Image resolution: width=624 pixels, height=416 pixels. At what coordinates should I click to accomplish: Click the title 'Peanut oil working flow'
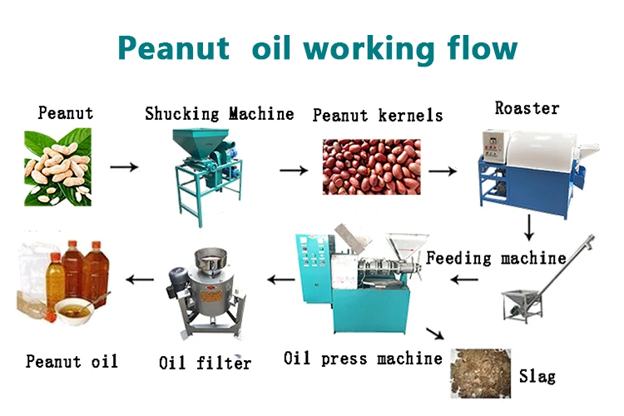[x=317, y=47]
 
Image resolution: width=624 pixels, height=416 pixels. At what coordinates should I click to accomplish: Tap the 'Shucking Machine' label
[x=219, y=113]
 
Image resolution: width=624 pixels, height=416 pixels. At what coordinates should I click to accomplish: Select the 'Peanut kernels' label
[x=378, y=115]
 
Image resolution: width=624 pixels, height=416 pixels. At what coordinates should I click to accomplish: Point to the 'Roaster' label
[x=527, y=108]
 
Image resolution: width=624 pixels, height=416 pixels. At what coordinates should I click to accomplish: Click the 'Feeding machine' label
[x=496, y=257]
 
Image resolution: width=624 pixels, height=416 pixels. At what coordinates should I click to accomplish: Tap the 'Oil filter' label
[x=205, y=362]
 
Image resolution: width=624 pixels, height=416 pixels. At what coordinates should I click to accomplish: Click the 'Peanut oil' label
[x=72, y=361]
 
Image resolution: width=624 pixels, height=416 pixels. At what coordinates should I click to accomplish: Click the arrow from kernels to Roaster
[x=442, y=171]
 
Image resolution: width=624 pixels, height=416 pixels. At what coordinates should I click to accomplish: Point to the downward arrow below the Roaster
[x=529, y=226]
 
